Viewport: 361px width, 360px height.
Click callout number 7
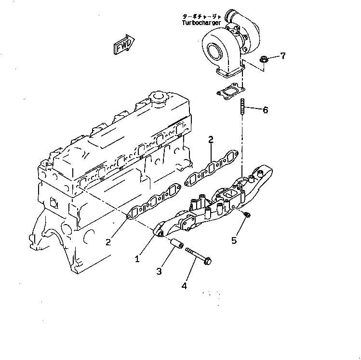[283, 56]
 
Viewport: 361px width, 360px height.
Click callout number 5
[234, 240]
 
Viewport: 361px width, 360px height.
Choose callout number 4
[184, 286]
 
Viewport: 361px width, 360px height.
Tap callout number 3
[159, 271]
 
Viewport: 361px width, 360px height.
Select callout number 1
[137, 259]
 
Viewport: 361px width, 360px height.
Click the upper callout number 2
[211, 140]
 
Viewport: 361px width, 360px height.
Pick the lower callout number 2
[108, 241]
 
